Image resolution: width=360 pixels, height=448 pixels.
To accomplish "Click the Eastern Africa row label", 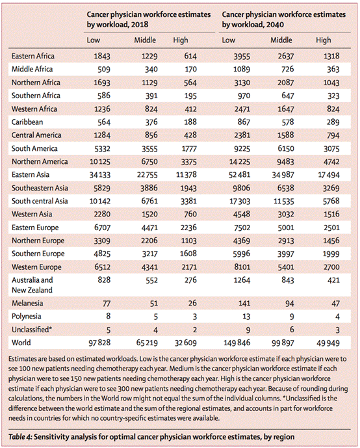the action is pos(33,56).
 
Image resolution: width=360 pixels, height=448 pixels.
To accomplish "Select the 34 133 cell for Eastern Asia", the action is pos(99,175).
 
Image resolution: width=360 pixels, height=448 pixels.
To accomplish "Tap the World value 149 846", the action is pos(237,343).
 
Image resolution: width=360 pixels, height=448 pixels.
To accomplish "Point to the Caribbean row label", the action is pos(27,122).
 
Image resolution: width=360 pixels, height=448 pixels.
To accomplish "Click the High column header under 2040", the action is pos(323,40).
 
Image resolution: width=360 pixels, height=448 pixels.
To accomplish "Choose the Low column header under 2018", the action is pos(94,40).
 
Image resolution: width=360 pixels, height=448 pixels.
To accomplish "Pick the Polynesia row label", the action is pos(26,316).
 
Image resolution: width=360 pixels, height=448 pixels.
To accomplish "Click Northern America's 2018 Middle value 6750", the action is pos(149,162).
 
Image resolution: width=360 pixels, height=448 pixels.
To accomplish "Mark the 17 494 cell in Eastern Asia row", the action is pos(329,175).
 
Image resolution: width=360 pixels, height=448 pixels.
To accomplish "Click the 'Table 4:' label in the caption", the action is pos(21,437).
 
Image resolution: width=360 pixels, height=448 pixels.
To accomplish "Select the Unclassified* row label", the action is pos(32,330).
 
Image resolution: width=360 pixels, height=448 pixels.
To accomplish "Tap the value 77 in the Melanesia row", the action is pos(107,303).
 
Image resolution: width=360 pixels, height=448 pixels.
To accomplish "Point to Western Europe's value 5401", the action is pos(286,267).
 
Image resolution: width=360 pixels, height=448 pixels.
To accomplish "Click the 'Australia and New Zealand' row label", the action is pos(32,285).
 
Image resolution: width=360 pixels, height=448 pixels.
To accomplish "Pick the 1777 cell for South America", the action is pos(188,148).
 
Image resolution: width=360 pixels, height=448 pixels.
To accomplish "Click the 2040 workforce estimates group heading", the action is pos(284,20).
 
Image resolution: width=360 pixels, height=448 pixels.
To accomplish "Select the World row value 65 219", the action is pos(147,343).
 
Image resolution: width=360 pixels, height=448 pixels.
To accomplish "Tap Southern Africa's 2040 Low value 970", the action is pos(244,96).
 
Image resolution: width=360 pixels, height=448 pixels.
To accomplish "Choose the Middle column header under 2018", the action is pos(145,40).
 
